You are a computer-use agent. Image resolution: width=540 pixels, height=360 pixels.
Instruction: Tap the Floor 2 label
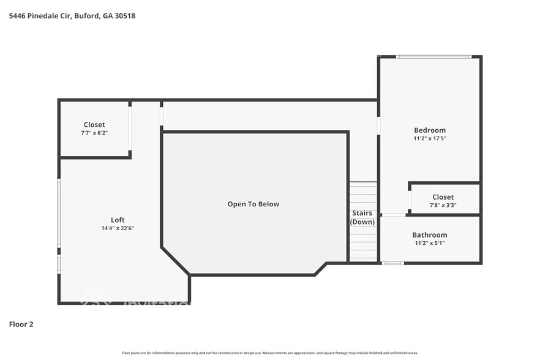21,324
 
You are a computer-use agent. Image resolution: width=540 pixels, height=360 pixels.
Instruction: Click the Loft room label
118,220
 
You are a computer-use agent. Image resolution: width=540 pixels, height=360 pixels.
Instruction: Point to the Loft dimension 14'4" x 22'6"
118,228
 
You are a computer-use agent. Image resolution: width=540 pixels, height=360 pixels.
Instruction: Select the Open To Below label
253,204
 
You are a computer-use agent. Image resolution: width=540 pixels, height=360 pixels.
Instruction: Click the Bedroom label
430,130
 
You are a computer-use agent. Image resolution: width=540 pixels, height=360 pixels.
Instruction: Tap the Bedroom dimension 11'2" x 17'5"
430,138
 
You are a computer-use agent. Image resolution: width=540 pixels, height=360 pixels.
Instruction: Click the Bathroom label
429,234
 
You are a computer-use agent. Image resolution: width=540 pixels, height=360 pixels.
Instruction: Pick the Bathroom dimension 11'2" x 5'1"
429,243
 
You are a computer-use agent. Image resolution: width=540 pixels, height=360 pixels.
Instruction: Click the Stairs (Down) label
362,217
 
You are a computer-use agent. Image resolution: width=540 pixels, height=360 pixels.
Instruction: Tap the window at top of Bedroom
433,57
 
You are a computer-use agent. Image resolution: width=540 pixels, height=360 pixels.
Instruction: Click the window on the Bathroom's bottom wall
392,263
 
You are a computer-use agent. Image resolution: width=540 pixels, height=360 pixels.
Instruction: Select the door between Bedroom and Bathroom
393,215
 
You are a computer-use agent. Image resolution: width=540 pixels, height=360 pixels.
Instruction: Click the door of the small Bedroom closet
409,200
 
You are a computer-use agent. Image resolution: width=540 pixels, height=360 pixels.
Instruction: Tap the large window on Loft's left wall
59,213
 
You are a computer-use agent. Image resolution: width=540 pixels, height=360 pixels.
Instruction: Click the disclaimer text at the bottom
269,353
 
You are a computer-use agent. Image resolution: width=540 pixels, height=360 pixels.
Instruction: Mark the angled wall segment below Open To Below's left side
175,261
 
